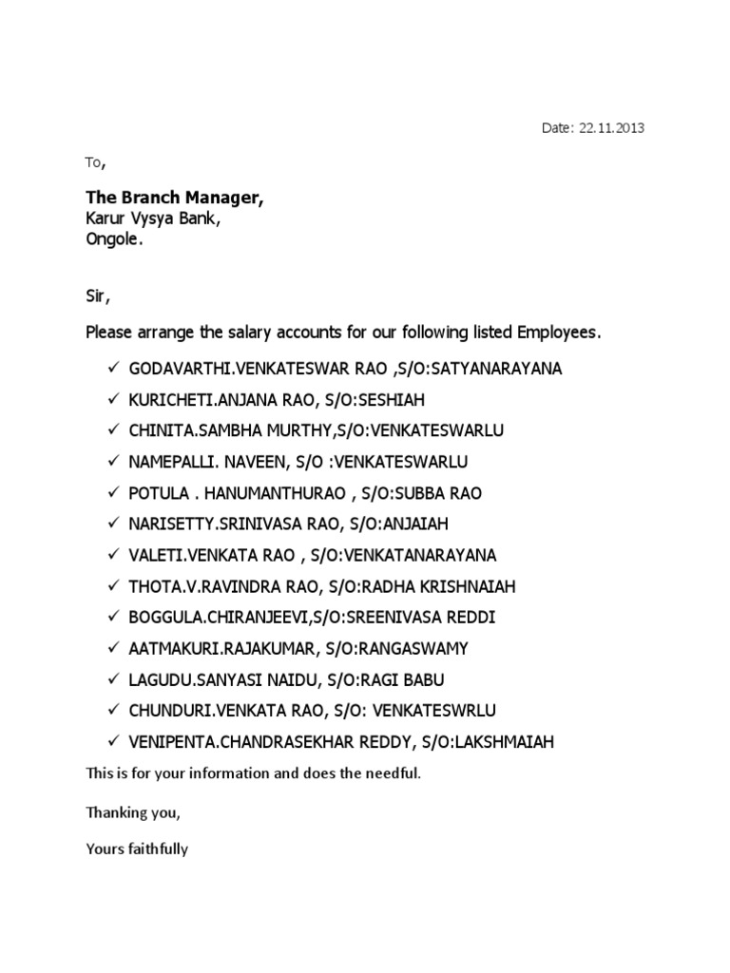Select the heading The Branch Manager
175,198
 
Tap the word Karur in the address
106,219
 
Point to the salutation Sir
98,297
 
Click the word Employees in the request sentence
560,334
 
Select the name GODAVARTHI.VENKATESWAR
239,369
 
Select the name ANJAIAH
413,524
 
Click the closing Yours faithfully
137,849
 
